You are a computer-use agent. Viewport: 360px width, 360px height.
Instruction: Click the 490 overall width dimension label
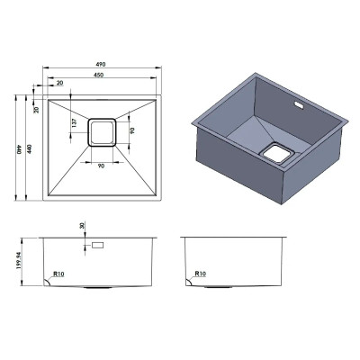tap(101, 64)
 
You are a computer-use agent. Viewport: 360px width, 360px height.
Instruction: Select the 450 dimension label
tap(98, 75)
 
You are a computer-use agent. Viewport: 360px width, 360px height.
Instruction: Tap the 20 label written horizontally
tap(60, 83)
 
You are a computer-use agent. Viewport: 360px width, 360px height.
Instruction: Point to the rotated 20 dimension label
tap(36, 110)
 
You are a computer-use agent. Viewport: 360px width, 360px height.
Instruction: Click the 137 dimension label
tap(75, 122)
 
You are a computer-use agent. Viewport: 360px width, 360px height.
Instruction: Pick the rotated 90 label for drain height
tap(132, 130)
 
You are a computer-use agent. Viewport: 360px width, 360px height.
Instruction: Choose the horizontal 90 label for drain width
tap(101, 166)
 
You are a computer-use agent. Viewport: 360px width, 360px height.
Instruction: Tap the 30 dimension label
tap(83, 226)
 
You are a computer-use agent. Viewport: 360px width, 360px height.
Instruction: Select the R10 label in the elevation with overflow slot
tap(58, 274)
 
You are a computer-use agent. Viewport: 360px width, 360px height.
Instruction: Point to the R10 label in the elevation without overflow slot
tap(201, 274)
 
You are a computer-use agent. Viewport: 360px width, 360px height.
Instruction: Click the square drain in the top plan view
tap(102, 132)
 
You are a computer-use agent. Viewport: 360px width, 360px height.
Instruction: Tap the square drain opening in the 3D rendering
tap(275, 154)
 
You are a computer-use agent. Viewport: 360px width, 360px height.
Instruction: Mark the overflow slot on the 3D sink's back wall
tap(299, 104)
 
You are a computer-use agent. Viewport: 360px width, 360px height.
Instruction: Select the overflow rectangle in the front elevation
tap(98, 245)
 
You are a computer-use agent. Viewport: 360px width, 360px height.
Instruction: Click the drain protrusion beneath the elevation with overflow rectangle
tap(98, 287)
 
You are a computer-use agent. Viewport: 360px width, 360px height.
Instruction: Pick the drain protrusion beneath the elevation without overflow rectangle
tap(219, 287)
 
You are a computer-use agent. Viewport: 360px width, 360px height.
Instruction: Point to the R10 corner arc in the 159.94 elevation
tap(48, 281)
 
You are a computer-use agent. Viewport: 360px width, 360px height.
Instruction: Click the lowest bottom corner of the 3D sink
tap(282, 204)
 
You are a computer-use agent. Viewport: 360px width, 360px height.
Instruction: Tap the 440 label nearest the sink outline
tap(30, 149)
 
